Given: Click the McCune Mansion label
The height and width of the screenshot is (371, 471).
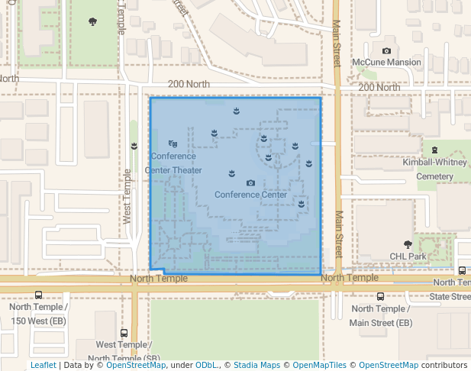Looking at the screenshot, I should [386, 62].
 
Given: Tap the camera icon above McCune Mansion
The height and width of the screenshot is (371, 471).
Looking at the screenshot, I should [386, 51].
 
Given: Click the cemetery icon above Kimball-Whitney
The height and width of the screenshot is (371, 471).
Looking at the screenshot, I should [434, 150].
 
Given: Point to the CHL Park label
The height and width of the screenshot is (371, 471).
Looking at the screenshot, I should [408, 256].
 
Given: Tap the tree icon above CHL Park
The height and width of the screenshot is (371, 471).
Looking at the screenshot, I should [408, 245].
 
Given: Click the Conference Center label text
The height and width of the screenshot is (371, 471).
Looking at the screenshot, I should [250, 195].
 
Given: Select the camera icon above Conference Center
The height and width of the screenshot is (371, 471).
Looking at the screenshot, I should [250, 183].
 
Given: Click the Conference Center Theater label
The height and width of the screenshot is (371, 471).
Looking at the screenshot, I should [173, 163].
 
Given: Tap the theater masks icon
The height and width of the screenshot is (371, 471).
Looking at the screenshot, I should [173, 144].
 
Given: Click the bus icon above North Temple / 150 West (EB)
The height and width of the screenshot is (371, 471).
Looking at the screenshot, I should [39, 295].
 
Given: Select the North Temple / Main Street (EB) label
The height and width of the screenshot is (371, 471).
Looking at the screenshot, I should [380, 315].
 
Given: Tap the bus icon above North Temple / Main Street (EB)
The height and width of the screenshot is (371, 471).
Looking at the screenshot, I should [380, 297].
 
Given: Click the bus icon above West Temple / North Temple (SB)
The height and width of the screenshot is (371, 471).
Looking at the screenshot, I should [124, 334].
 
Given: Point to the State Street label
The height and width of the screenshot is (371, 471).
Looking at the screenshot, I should [450, 296].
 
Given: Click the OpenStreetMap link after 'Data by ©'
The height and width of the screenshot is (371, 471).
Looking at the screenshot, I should [136, 366].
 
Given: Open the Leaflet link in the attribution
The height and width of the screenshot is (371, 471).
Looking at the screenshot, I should [43, 366].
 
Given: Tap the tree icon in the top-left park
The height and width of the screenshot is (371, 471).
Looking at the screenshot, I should [93, 22].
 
